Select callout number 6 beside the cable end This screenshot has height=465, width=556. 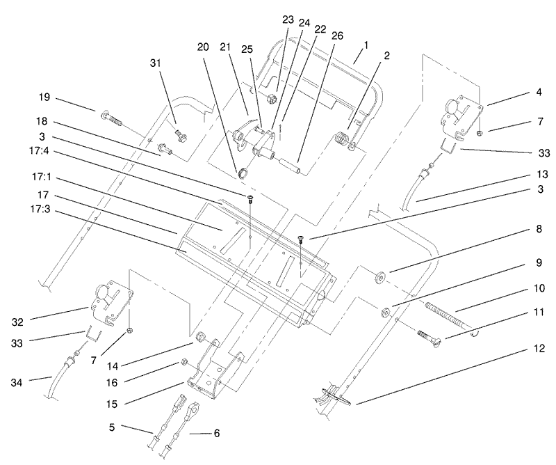click(x=216, y=433)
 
